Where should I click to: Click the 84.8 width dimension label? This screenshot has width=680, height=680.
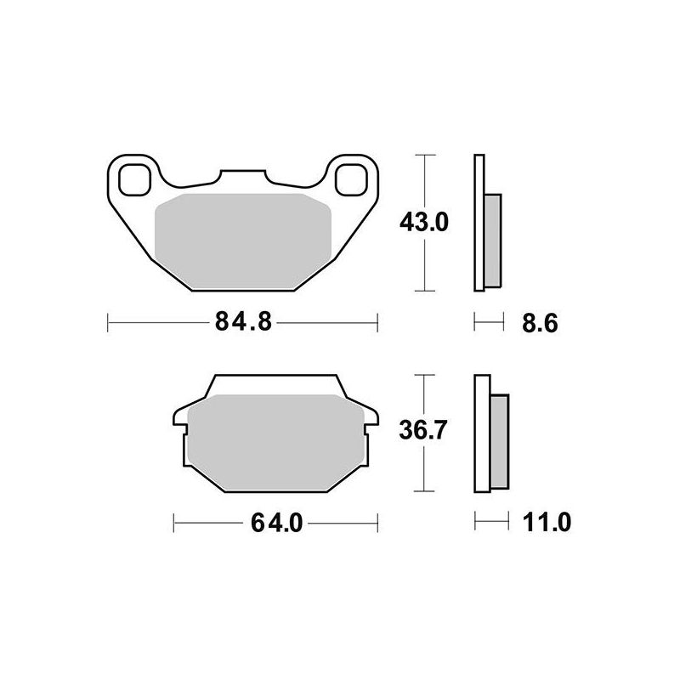[241, 323]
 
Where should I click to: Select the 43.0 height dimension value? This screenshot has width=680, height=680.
[423, 223]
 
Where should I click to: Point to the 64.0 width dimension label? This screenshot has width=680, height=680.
[276, 523]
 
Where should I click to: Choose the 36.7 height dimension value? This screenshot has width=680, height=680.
[423, 432]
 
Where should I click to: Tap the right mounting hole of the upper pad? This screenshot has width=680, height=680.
[350, 179]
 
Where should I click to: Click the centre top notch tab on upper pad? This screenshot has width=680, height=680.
[242, 176]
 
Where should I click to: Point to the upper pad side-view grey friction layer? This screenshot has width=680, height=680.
[491, 240]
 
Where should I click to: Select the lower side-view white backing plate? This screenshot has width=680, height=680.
[483, 433]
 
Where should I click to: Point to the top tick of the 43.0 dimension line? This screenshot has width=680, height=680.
[423, 156]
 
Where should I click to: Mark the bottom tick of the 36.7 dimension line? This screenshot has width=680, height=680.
[423, 492]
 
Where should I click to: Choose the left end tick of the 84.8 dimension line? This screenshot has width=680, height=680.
[108, 323]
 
